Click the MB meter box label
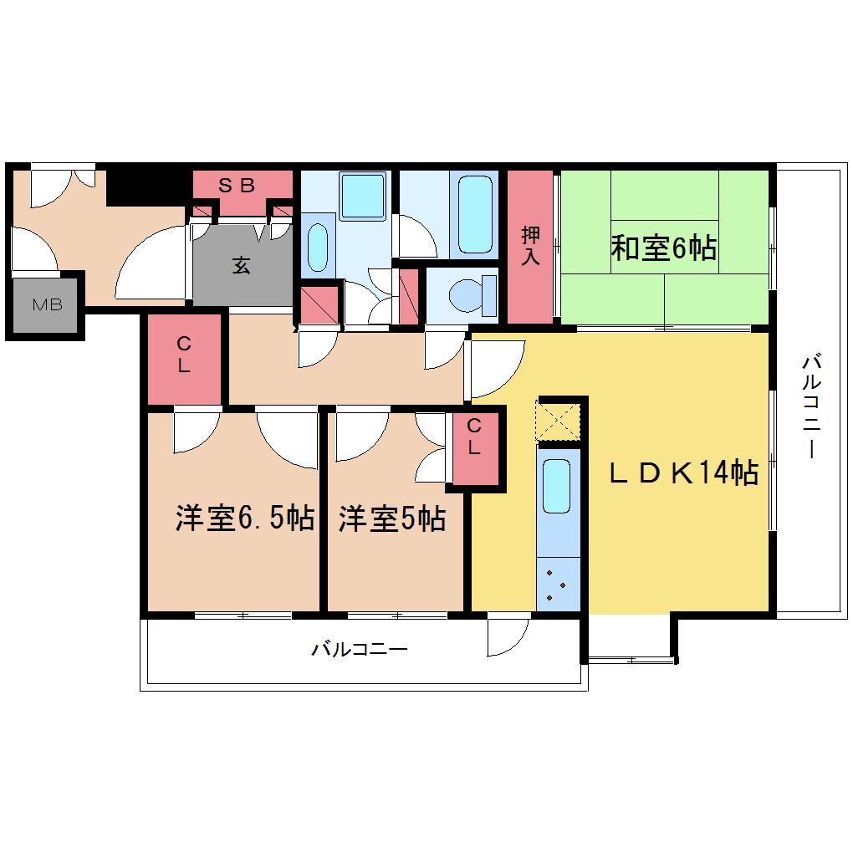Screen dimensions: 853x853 pos(48,304)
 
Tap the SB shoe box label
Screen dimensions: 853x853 pos(237,186)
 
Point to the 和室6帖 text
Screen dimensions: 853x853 pos(663,248)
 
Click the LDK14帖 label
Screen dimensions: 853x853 pos(683,472)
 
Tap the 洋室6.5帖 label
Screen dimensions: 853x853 pos(245,518)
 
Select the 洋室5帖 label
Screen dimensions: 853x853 pos(392,518)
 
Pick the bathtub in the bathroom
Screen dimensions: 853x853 pos(475,214)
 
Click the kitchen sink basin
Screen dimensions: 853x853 pos(556,486)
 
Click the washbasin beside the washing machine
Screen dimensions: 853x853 pos(318,248)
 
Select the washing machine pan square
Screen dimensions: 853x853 pos(363,196)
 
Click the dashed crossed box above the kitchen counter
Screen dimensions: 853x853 pos(558,421)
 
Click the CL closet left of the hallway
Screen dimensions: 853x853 pos(185,359)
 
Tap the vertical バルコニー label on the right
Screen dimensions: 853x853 pos(812,406)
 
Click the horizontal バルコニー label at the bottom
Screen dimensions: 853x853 pos(359,649)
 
